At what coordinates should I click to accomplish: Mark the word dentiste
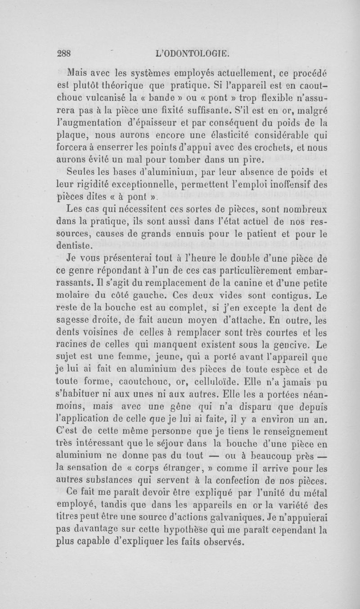click(74, 246)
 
